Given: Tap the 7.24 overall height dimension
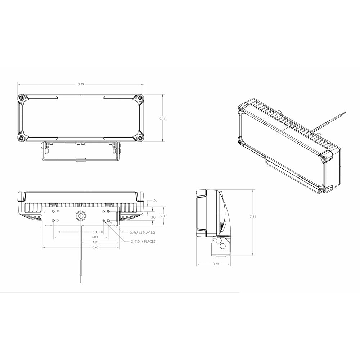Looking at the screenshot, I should coord(255,217).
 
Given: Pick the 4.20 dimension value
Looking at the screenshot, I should coord(95,242).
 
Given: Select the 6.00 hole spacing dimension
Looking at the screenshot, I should coord(95,237).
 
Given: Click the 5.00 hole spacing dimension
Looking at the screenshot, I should coord(95,232).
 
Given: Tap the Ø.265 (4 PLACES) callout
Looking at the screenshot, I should coord(143,233).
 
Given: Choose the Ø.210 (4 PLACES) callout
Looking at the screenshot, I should coord(143,242).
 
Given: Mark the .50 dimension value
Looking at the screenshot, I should coord(155,200).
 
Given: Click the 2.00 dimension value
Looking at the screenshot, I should coord(163,216).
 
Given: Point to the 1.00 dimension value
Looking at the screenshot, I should coord(152,217).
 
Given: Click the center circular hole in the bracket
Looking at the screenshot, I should coord(81,216).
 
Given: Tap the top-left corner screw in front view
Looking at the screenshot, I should coord(22,98).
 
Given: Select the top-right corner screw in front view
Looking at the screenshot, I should coord(139,98).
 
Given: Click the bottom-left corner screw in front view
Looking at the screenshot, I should coord(22,138).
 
